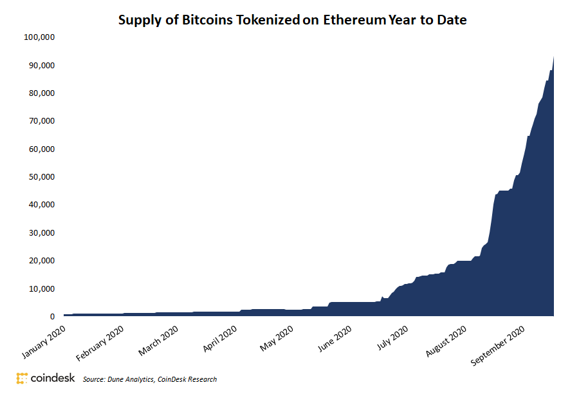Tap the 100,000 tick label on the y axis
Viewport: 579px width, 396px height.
tap(40, 37)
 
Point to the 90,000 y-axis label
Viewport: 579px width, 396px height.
tap(42, 65)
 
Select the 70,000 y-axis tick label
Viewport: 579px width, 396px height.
tap(42, 121)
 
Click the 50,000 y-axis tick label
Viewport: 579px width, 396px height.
tap(42, 177)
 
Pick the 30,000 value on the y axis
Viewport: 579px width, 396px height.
tap(42, 232)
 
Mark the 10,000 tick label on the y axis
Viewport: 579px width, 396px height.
tap(42, 288)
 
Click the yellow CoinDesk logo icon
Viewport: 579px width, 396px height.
tap(22, 379)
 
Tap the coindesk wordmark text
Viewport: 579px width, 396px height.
tap(52, 379)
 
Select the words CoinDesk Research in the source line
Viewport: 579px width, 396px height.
tap(188, 379)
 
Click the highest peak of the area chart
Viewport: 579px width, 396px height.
tap(554, 57)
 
